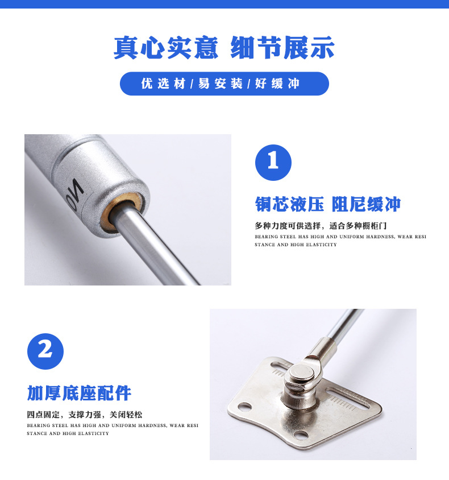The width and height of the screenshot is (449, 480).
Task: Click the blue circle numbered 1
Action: coord(273,163)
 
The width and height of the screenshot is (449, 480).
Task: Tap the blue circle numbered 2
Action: coord(45,351)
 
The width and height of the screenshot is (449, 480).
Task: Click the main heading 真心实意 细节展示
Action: coord(224,47)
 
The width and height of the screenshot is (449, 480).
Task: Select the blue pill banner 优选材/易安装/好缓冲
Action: coord(224,84)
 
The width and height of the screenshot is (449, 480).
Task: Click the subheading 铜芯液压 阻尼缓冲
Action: coord(328,204)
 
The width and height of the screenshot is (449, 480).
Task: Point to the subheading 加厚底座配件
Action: coord(79,393)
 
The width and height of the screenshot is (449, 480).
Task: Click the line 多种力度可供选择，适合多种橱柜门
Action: coord(321,226)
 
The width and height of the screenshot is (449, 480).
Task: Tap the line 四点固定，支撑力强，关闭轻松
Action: coord(85,415)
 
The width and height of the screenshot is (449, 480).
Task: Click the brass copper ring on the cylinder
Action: coord(122,211)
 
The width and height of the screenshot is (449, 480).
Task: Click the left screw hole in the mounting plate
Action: coord(244,407)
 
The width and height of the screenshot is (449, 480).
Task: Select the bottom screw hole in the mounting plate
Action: coord(300,435)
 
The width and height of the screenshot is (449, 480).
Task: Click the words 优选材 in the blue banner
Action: coord(163,84)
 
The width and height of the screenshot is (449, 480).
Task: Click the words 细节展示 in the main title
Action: coord(282,47)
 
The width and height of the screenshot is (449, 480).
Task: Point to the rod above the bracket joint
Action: coord(345,325)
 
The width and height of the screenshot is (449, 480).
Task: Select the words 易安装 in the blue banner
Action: coord(220,84)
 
